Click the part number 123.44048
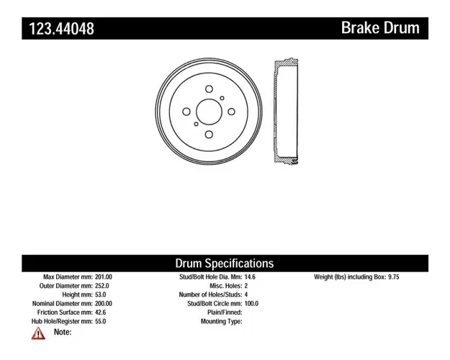[61, 29]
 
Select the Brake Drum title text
[380, 28]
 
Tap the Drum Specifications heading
[225, 264]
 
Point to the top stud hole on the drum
[209, 89]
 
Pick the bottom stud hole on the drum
[209, 135]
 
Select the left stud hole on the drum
[186, 112]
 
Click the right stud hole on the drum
[231, 112]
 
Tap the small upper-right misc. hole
[222, 98]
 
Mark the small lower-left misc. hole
[196, 124]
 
